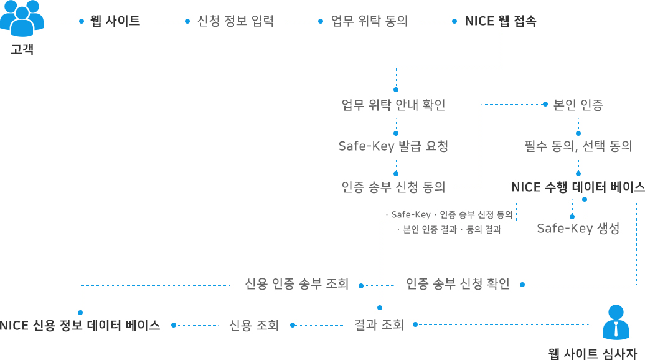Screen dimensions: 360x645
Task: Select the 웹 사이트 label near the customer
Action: pyautogui.click(x=115, y=21)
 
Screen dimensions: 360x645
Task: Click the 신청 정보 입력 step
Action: pyautogui.click(x=235, y=21)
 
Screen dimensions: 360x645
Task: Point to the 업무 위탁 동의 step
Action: pyautogui.click(x=370, y=21)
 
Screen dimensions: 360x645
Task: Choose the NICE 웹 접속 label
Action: pyautogui.click(x=501, y=21)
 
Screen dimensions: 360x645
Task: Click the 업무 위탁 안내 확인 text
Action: pyautogui.click(x=393, y=105)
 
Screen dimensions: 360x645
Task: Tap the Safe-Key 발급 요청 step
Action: pyautogui.click(x=393, y=146)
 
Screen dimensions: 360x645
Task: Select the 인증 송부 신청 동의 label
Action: pyautogui.click(x=393, y=187)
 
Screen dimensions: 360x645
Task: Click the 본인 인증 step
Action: pyautogui.click(x=578, y=105)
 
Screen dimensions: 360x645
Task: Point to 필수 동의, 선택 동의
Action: pyautogui.click(x=578, y=146)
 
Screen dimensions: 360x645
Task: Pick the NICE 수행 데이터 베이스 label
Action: pyautogui.click(x=578, y=187)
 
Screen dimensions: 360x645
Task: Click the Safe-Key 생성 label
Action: pyautogui.click(x=578, y=228)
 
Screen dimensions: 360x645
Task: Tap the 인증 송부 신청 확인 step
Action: pyautogui.click(x=458, y=284)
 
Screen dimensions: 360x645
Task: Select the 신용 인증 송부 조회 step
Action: pyautogui.click(x=297, y=284)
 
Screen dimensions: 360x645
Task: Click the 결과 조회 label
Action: pyautogui.click(x=379, y=324)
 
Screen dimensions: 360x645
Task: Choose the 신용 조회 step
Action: pyautogui.click(x=253, y=325)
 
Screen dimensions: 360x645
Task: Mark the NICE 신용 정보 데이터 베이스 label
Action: pyautogui.click(x=80, y=325)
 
